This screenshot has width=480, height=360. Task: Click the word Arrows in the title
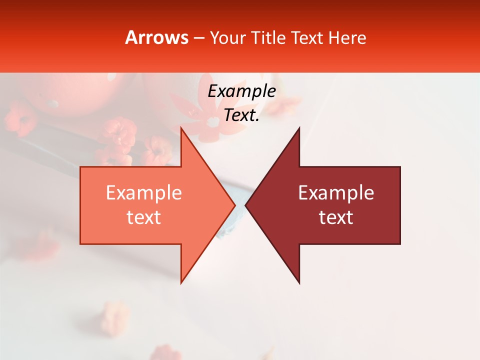click(157, 37)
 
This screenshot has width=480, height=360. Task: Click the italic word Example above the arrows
click(241, 91)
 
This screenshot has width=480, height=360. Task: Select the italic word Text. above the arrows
click(241, 115)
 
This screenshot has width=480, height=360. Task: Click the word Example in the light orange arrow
click(143, 193)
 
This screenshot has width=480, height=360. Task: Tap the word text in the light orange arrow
click(143, 217)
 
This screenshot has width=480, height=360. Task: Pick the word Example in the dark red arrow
click(336, 193)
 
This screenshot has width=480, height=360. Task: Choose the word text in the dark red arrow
click(336, 217)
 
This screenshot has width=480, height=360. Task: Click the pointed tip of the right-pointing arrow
click(235, 205)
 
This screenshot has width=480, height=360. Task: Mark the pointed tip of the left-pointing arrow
click(245, 205)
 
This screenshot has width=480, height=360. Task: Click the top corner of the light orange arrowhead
click(181, 128)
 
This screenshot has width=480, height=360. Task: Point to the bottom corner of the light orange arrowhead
click(181, 283)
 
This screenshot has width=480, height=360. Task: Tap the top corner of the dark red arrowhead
click(299, 128)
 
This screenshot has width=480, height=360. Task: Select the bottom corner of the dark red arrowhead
click(299, 283)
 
